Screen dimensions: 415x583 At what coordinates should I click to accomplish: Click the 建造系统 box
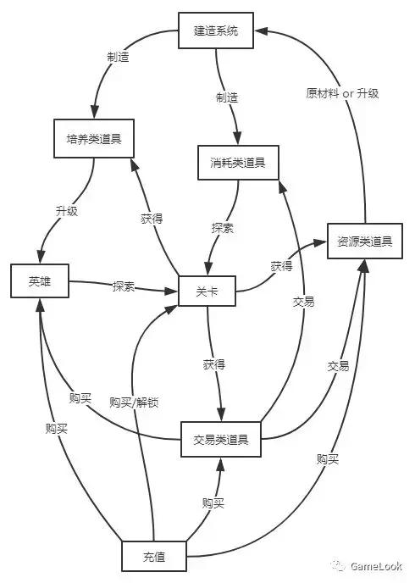coord(216,31)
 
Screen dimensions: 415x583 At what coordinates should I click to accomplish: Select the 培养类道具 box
coord(94,139)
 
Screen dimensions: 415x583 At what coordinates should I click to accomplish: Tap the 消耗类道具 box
coord(238,163)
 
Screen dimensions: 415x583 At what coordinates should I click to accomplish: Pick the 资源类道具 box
coord(365,241)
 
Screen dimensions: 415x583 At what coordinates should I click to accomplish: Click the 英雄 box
coord(40,280)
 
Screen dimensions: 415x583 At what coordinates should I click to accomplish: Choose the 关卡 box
coord(207,291)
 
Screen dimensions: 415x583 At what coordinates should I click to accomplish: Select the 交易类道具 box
coord(221,439)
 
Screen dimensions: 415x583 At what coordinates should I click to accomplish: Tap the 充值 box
coord(154,556)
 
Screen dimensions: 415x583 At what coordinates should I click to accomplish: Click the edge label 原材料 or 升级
coord(342,93)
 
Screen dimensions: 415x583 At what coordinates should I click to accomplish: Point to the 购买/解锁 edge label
coord(134,403)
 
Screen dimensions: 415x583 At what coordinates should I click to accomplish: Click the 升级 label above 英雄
coord(67,211)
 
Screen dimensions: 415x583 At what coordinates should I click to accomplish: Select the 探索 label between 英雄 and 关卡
coord(124,286)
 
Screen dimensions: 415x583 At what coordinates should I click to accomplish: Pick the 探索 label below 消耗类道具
coord(223,228)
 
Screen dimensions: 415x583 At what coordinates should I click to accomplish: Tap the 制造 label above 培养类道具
coord(118,57)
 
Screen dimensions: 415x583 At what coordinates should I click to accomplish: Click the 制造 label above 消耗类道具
coord(227,97)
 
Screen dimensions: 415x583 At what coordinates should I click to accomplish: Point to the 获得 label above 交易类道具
coord(214,364)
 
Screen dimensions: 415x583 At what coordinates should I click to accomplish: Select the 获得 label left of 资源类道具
coord(281,266)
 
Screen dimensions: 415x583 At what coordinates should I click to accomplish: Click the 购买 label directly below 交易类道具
coord(213,503)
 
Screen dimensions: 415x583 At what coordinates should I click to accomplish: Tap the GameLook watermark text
coord(376,566)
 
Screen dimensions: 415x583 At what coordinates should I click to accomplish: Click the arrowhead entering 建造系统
coord(261,31)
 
